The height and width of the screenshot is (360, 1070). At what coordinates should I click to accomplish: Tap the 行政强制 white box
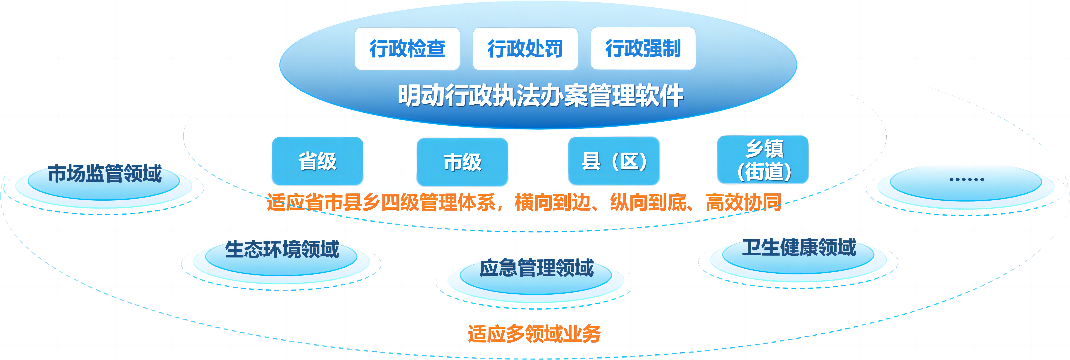pyautogui.click(x=643, y=48)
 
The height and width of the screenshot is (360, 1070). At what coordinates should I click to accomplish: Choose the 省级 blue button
pyautogui.click(x=317, y=161)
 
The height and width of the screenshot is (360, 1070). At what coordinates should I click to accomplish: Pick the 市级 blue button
pyautogui.click(x=462, y=162)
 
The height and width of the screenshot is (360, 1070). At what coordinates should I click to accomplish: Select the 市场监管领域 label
pyautogui.click(x=105, y=173)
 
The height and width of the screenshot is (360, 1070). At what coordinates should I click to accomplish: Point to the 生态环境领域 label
pyautogui.click(x=282, y=249)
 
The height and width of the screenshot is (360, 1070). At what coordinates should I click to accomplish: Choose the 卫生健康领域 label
pyautogui.click(x=799, y=247)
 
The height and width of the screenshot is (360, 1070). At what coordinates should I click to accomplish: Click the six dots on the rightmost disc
pyautogui.click(x=967, y=179)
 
